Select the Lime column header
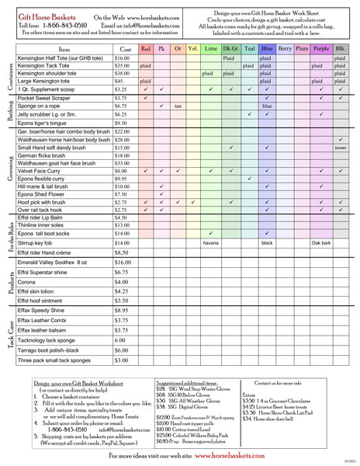[210, 48]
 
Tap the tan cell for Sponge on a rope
[178, 106]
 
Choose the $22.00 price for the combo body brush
[123, 132]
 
